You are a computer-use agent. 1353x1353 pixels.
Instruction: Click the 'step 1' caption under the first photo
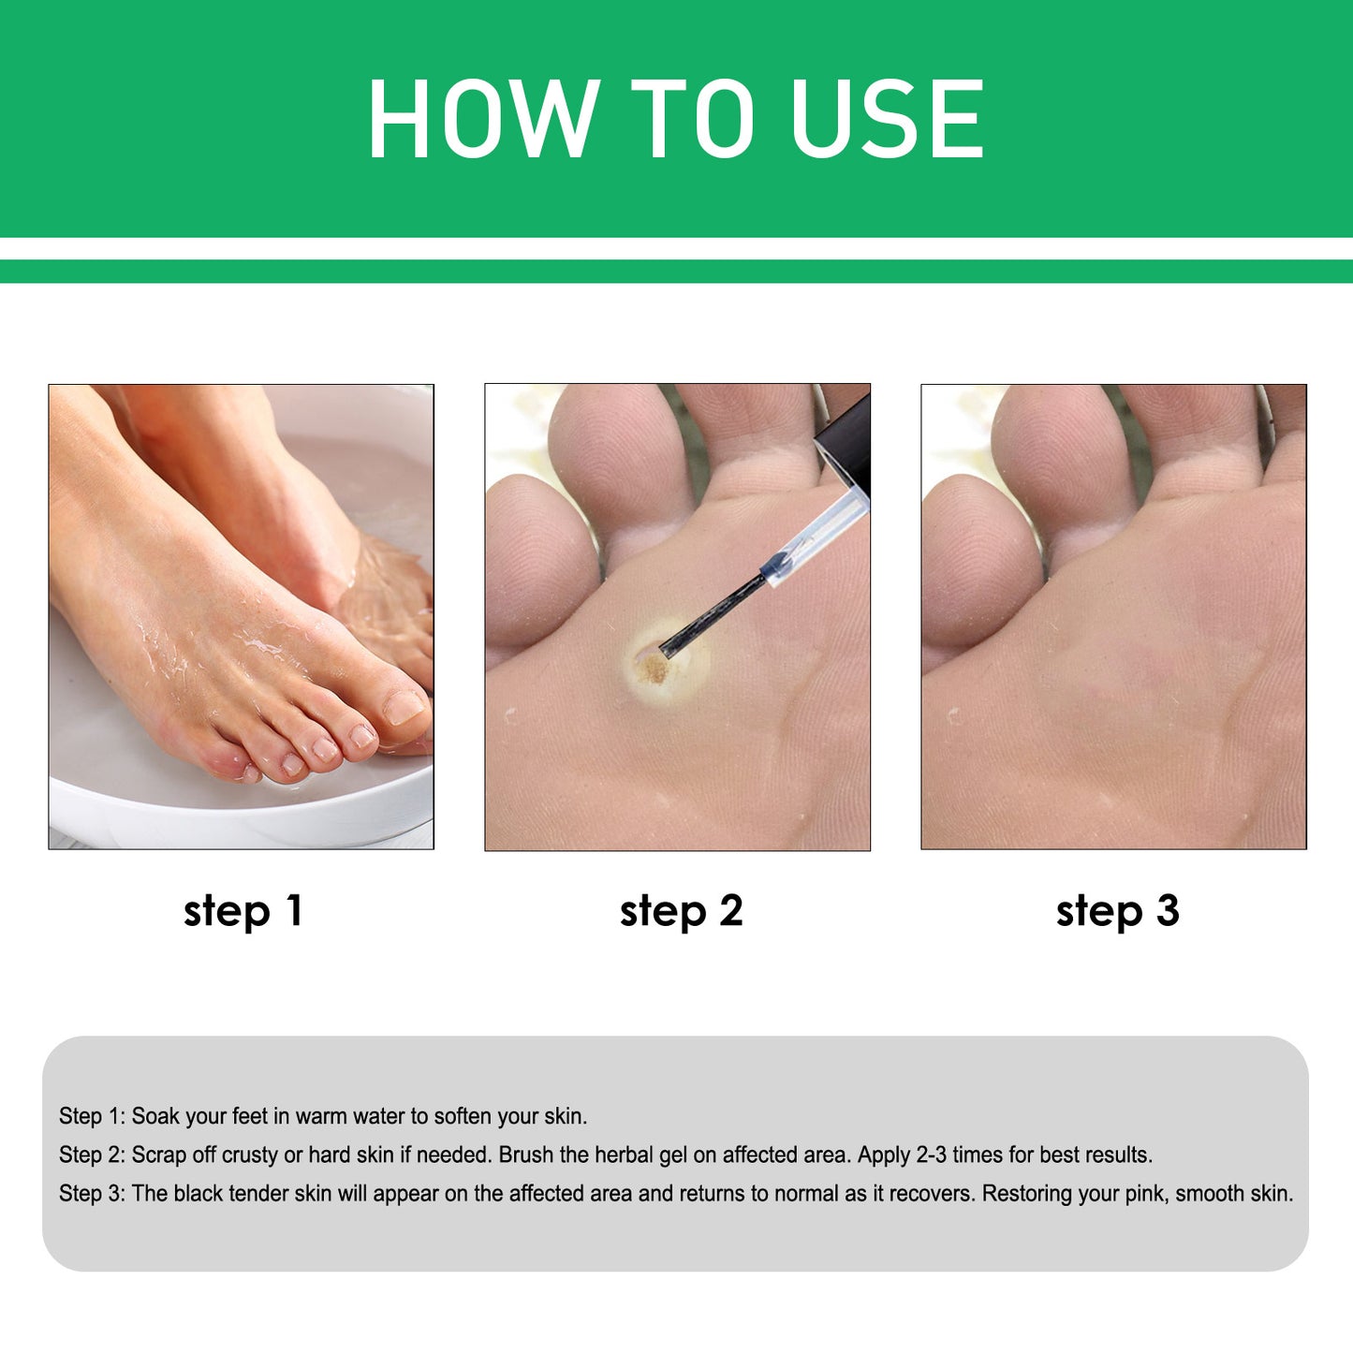[243, 911]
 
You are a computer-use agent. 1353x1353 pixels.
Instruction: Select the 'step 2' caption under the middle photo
[681, 911]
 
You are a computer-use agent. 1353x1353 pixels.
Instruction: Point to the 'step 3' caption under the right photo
[1117, 911]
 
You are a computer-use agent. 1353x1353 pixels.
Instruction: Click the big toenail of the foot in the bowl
[404, 707]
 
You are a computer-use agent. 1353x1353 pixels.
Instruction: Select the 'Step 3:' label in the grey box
[91, 1194]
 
